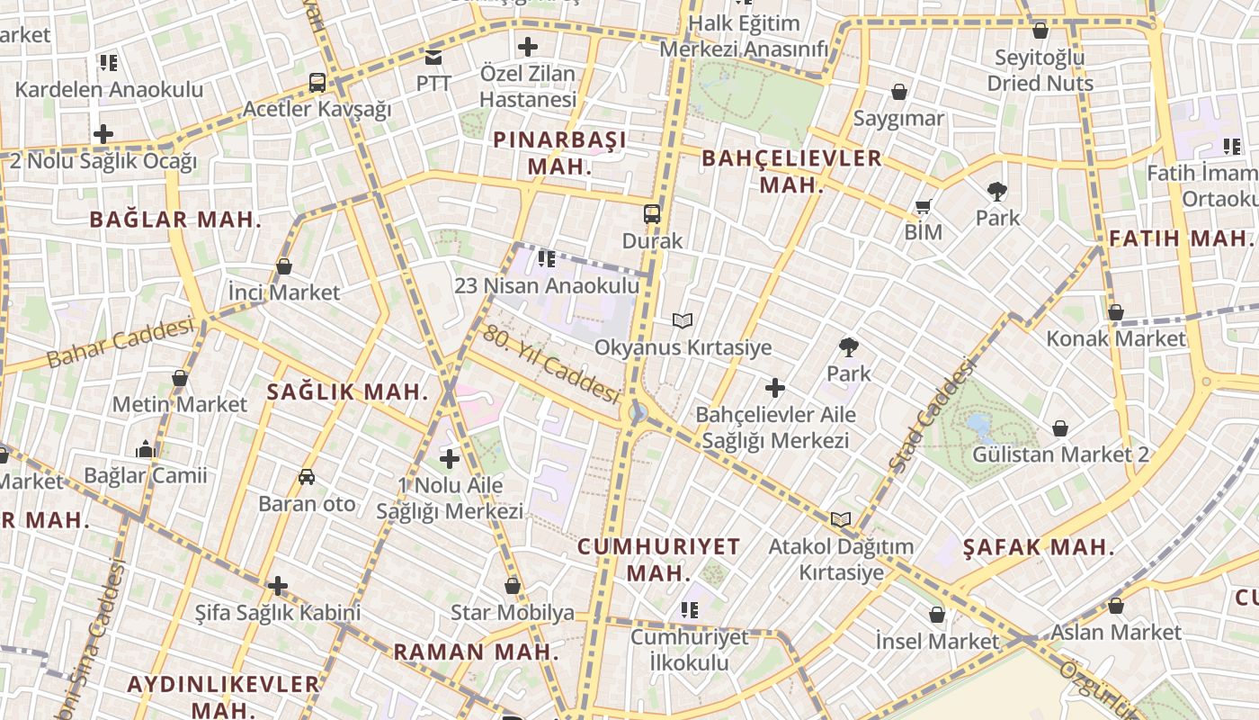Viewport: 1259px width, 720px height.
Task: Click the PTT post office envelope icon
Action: click(x=433, y=58)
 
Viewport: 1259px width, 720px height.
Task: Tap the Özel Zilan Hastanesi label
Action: click(x=528, y=85)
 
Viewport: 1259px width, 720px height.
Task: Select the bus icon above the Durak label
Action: click(x=652, y=214)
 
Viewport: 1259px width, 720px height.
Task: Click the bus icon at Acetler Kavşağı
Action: click(x=317, y=83)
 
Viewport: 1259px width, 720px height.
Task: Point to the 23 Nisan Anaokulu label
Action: click(x=547, y=286)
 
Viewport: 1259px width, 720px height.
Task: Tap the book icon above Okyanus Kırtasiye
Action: click(x=683, y=320)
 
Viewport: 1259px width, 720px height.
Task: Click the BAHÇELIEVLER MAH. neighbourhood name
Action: click(x=791, y=171)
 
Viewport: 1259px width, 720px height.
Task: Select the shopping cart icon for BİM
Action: click(x=923, y=207)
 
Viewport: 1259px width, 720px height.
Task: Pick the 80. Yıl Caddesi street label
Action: click(x=551, y=364)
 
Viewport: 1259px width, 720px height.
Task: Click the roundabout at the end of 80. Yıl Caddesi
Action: click(x=638, y=413)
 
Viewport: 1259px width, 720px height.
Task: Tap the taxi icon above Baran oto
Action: click(x=307, y=477)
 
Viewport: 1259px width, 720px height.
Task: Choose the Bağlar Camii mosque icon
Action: click(x=145, y=449)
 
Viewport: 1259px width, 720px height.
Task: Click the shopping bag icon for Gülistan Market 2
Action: click(x=1060, y=427)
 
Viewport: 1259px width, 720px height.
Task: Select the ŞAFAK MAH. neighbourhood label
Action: click(x=1039, y=547)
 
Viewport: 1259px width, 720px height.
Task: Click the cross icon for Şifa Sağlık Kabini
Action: click(x=278, y=587)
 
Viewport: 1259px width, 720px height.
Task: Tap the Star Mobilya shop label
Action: click(x=513, y=614)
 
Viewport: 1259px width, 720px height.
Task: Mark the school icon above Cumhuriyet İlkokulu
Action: click(x=690, y=610)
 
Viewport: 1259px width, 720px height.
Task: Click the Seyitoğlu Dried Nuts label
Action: click(x=1040, y=70)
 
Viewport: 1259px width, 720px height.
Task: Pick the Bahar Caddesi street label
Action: click(x=120, y=342)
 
